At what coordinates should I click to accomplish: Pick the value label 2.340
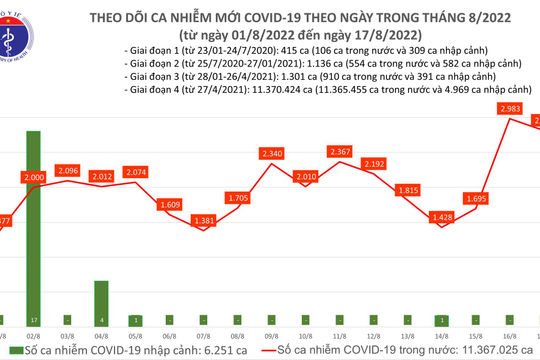272,153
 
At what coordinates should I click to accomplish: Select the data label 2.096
67,170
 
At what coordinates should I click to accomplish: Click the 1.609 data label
169,204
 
